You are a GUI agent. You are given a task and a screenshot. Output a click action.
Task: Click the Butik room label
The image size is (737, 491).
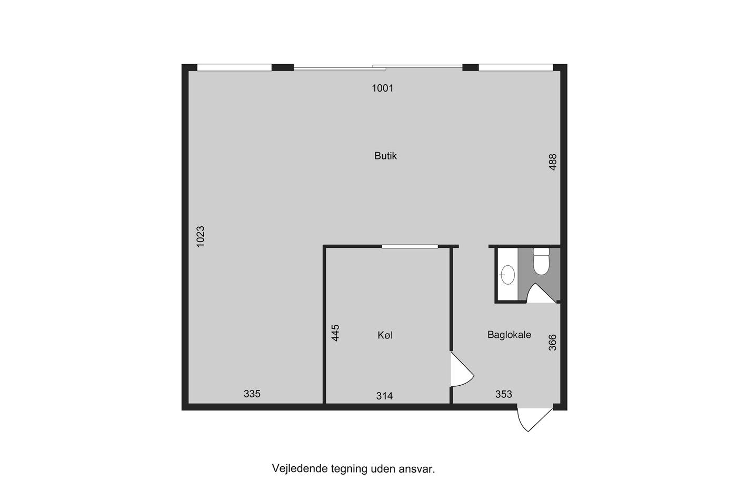[x=385, y=156]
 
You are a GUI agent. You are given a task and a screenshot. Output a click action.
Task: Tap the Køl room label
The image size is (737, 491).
[x=385, y=335]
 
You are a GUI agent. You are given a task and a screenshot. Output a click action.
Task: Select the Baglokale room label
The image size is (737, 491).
[x=509, y=335]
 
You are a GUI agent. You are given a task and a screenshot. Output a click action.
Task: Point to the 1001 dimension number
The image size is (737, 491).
[x=383, y=88]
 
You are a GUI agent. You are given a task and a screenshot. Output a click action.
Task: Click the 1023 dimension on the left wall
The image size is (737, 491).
[x=201, y=236]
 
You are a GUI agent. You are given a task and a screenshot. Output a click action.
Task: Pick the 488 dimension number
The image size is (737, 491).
[x=553, y=162]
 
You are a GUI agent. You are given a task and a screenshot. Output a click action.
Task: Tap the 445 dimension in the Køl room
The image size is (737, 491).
[x=335, y=333]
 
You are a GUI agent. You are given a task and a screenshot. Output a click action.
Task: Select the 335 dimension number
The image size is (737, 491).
[x=252, y=394]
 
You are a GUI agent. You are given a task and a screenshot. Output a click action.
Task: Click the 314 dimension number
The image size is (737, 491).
[x=384, y=396]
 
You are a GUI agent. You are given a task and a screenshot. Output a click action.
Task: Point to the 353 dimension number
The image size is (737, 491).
[x=504, y=394]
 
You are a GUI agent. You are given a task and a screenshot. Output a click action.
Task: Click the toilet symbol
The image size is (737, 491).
[x=541, y=262]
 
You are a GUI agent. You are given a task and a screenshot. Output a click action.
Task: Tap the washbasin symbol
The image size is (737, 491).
[x=507, y=275]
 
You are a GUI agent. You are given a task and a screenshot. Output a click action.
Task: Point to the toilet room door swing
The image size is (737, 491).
[x=542, y=293]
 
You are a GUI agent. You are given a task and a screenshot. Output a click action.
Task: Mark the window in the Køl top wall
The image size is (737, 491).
[x=410, y=246]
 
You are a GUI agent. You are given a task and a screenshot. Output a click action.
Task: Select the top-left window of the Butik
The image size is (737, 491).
[x=234, y=67]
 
